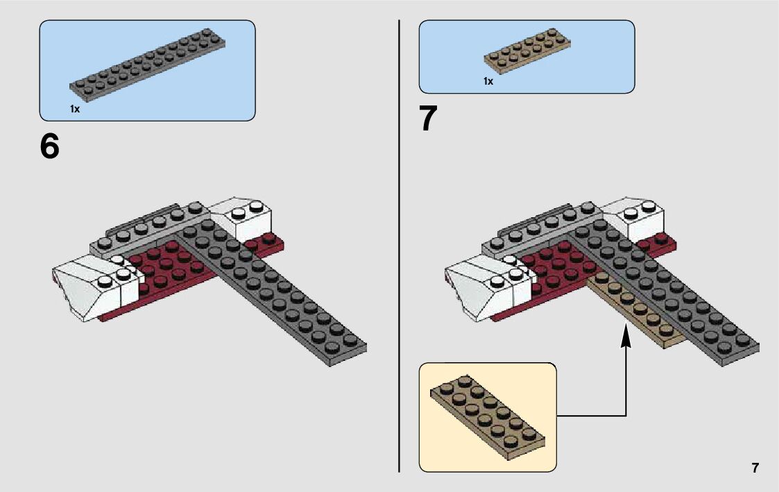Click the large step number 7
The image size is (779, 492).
(x=428, y=119)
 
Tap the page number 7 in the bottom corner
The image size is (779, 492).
(x=755, y=468)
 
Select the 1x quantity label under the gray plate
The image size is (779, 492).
(x=75, y=109)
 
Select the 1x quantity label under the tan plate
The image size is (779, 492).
(x=488, y=81)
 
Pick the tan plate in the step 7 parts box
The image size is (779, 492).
(x=528, y=52)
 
